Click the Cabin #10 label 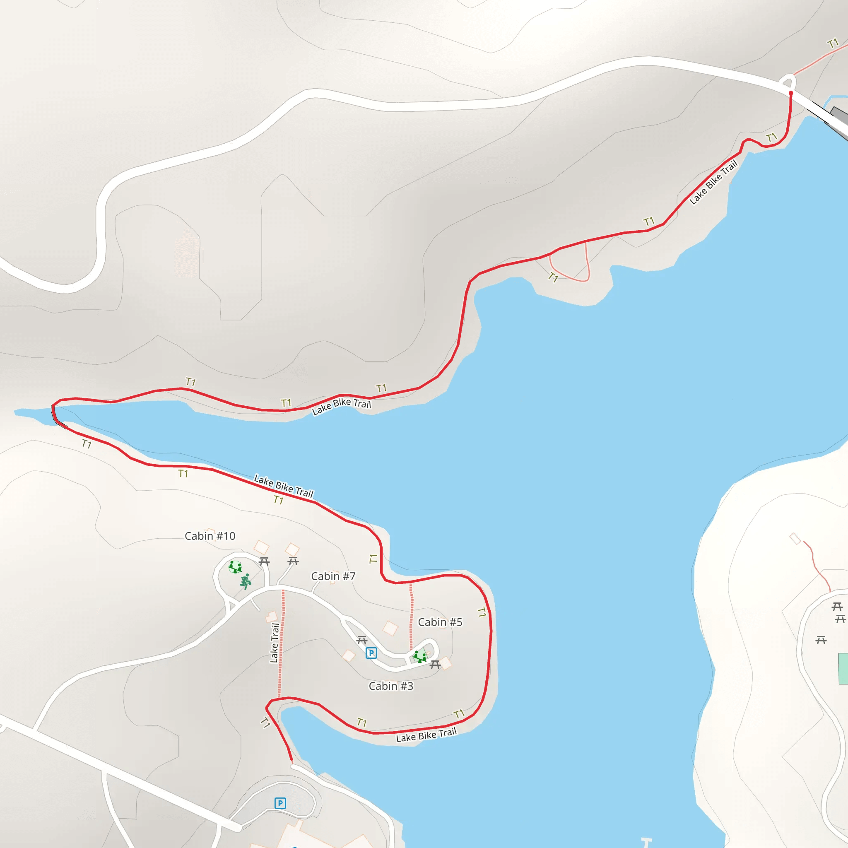210,536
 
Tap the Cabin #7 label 333,576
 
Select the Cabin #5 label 440,622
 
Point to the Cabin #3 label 390,686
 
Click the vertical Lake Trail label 275,643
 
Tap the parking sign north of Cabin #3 371,653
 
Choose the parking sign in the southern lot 280,803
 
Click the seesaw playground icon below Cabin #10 235,567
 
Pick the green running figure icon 246,581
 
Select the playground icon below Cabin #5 420,657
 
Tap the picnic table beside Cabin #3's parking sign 361,641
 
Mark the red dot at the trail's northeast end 791,93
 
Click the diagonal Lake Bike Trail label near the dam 713,183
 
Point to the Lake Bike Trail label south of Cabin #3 426,735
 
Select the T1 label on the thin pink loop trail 553,277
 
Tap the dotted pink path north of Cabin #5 411,614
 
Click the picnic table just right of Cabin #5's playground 435,665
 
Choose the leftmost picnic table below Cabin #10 264,561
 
